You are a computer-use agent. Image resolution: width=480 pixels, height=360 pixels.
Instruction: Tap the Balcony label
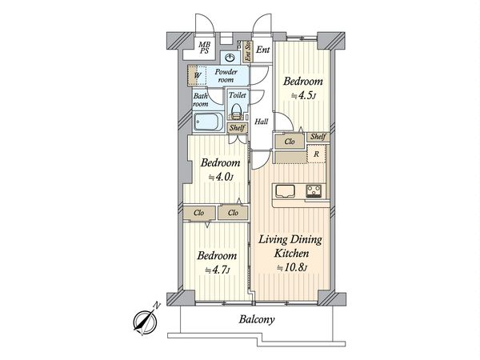coord(257,319)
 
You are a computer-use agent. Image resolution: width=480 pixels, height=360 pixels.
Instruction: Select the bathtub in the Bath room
coord(208,122)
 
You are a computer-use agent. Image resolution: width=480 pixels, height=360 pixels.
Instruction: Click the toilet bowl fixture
coord(236,111)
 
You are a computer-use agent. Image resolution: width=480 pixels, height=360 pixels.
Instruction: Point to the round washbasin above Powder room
coord(230,58)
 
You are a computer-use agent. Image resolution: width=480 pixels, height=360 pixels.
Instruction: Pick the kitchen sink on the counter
coord(285,191)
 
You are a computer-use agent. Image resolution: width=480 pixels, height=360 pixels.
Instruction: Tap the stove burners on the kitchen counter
coord(314,191)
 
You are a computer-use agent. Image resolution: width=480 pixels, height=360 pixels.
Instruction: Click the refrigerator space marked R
coord(316,154)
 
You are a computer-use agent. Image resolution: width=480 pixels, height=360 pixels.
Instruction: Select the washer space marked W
coord(197,75)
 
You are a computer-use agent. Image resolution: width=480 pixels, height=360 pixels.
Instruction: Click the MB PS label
coord(204,48)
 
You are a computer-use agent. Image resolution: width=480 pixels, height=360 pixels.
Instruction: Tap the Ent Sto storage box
coord(248,51)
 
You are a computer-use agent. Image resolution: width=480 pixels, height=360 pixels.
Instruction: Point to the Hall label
coord(262,122)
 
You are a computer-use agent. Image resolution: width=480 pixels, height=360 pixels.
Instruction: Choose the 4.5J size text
coord(302,96)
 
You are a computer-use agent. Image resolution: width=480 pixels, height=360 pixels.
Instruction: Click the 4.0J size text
coord(221,178)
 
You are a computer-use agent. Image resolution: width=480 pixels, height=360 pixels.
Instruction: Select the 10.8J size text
coord(292,268)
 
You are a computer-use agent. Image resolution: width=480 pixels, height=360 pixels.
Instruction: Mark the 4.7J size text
coord(218,270)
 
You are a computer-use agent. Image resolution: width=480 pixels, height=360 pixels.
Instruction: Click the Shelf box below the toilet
coord(237,128)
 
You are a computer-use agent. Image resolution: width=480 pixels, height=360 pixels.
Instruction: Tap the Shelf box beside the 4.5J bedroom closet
coord(318,137)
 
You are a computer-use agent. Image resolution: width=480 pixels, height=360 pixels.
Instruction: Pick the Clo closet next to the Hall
coord(290,142)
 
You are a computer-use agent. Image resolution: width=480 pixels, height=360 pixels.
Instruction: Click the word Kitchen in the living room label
coord(291,254)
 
